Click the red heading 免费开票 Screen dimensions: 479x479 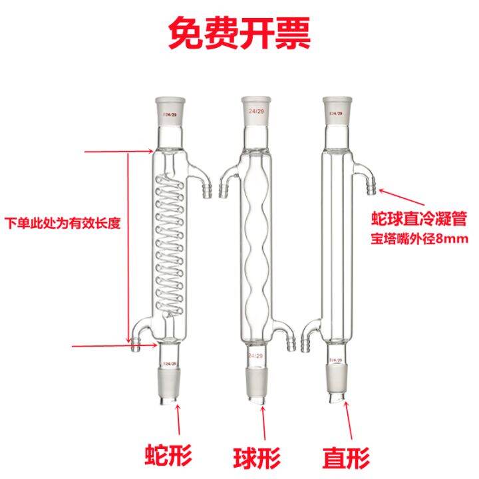click(239, 35)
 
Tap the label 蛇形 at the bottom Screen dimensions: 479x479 click(168, 456)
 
